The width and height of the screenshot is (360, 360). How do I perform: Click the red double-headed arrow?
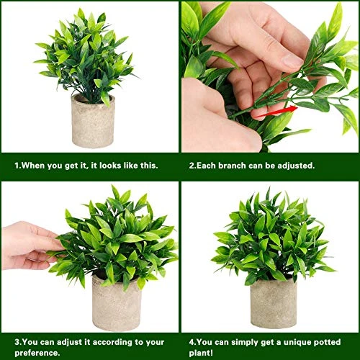click(274, 110)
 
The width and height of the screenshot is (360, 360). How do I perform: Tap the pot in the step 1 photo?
click(93, 120)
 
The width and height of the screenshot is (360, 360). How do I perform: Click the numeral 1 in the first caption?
click(17, 165)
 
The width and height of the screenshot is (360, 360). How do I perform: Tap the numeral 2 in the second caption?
click(192, 165)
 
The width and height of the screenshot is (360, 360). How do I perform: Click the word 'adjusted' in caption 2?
click(296, 165)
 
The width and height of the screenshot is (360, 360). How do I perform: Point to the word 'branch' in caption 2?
click(235, 165)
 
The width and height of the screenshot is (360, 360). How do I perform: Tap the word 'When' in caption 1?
click(32, 165)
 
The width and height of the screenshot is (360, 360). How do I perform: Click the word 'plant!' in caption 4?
click(203, 352)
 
